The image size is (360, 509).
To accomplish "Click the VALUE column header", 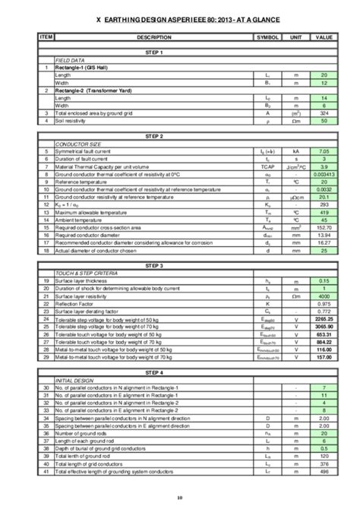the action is [324, 36].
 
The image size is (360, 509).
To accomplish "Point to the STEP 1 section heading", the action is [153, 52].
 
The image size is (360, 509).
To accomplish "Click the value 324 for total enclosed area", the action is [324, 113].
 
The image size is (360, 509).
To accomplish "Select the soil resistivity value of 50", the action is [324, 121].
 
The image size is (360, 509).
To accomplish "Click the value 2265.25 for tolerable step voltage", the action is [324, 322].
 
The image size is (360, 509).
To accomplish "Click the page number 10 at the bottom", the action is [179, 498].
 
